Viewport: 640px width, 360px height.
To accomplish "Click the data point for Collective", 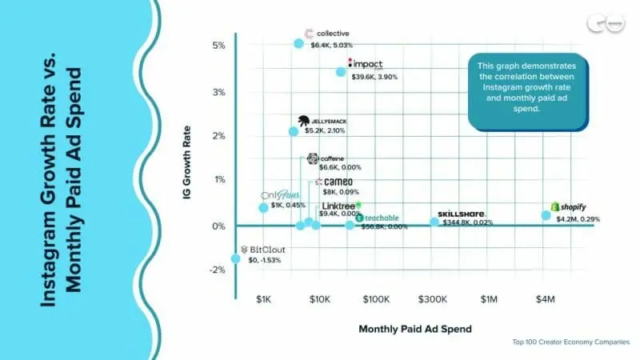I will (x=298, y=43).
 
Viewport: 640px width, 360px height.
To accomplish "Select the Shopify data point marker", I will (x=546, y=215).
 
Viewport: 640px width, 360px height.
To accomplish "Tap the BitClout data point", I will (x=235, y=258).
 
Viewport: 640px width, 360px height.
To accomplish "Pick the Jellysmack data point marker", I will (x=294, y=131).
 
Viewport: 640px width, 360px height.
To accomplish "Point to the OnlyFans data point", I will (x=263, y=208).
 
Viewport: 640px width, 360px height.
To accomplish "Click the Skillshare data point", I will (x=434, y=222).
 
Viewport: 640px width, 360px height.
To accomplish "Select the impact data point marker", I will (x=341, y=72).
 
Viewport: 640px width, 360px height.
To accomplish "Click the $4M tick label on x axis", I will (x=545, y=299).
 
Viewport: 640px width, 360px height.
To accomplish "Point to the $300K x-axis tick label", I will (x=432, y=299).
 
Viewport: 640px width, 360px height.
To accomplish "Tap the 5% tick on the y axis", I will (x=218, y=46).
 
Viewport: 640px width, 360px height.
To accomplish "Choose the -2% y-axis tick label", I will (x=217, y=270).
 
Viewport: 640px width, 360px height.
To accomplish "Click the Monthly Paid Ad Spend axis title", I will (x=414, y=329).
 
